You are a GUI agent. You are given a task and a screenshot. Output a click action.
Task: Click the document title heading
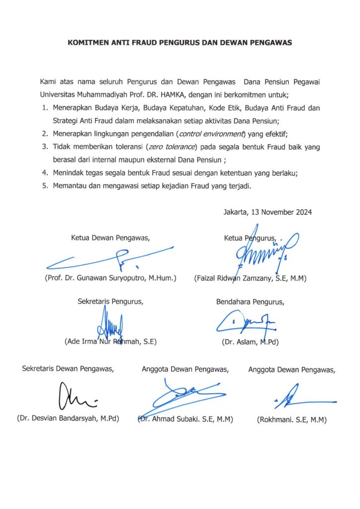(180, 43)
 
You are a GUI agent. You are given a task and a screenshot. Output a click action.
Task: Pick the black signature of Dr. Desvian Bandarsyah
(75, 397)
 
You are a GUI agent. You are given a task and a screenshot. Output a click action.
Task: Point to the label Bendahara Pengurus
(251, 301)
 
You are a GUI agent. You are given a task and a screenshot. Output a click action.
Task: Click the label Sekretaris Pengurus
(111, 301)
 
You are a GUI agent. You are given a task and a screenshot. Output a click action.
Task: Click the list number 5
(45, 186)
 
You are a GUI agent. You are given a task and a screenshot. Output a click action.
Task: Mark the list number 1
(45, 107)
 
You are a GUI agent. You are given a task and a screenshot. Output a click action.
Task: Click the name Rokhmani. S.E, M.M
(291, 420)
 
